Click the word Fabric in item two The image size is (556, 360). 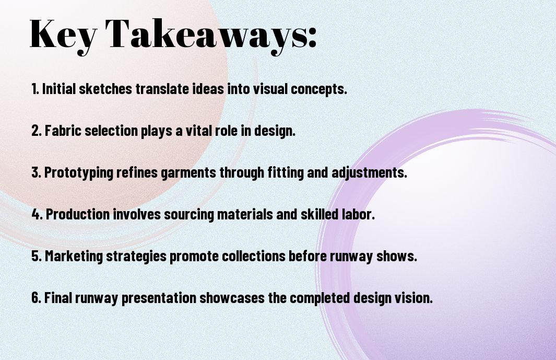pyautogui.click(x=60, y=131)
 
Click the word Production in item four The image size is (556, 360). pyautogui.click(x=78, y=215)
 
